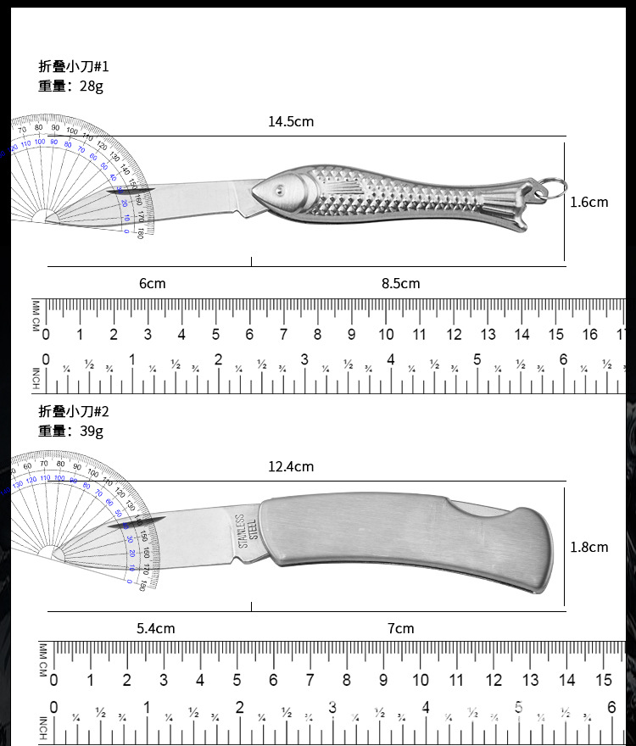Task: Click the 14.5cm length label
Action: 291,121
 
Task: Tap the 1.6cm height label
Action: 589,202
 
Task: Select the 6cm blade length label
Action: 153,283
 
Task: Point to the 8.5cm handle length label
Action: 400,283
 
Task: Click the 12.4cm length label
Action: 291,466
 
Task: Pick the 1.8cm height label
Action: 589,547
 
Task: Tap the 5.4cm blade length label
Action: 156,628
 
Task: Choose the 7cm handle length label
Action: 400,628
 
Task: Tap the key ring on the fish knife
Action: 551,187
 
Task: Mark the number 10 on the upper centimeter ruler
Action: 386,334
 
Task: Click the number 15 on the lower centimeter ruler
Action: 604,679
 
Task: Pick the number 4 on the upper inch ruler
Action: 390,359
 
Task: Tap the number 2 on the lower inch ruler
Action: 239,707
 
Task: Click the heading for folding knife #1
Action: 74,66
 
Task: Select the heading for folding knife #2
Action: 74,411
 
